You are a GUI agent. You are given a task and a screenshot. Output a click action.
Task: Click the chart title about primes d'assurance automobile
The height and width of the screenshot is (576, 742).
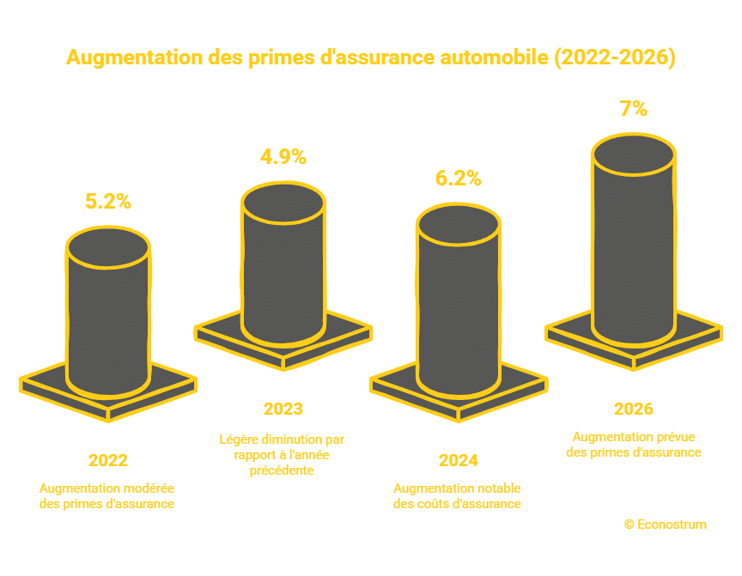(x=371, y=58)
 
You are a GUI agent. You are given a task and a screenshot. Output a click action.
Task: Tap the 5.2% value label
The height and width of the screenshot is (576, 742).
(x=107, y=202)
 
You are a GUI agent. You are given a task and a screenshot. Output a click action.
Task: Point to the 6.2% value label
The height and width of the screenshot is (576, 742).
(x=458, y=179)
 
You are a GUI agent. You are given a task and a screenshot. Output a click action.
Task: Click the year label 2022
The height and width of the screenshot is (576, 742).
(x=107, y=460)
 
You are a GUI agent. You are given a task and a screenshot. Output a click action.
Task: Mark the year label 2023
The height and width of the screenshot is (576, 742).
(x=283, y=409)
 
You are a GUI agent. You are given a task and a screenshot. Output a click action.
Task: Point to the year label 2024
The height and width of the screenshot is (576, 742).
(x=458, y=460)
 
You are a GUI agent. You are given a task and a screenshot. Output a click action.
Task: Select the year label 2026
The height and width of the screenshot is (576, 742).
(x=634, y=409)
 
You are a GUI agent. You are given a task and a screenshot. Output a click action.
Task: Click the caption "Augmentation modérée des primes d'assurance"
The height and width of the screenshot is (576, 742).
(x=107, y=495)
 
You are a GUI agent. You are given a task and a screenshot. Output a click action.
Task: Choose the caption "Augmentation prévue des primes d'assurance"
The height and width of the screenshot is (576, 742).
(x=634, y=444)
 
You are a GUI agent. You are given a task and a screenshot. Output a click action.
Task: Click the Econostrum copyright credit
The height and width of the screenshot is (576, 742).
(x=666, y=524)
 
